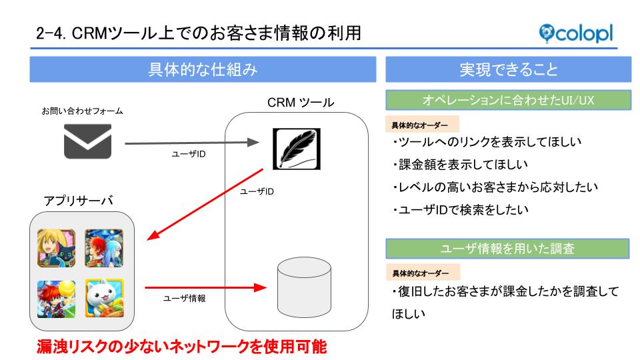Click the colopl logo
[576, 33]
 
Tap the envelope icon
[88, 141]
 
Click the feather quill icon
[297, 149]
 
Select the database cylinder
[304, 287]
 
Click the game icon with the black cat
[56, 248]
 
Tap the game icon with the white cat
[105, 298]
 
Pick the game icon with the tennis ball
[56, 299]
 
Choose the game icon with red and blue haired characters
[104, 248]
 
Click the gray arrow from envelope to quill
[192, 143]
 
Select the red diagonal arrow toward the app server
[205, 204]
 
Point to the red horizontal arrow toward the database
[206, 288]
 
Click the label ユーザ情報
[185, 299]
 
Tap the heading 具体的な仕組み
[203, 69]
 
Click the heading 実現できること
[509, 69]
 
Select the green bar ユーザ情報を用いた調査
[507, 249]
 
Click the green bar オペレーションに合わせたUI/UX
[508, 100]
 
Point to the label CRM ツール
[301, 103]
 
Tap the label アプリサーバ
[79, 201]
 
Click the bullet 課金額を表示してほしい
[460, 165]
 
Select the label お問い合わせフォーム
[82, 111]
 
